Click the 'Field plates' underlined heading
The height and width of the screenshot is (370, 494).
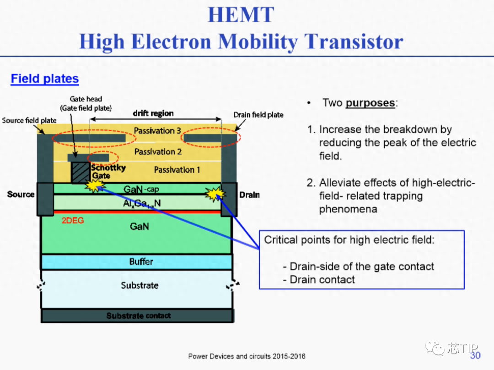(x=45, y=79)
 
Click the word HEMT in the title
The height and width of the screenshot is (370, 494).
(x=241, y=15)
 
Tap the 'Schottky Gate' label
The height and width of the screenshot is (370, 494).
(x=108, y=171)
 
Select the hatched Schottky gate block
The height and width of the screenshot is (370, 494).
(x=81, y=172)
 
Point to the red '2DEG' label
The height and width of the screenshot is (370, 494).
(x=73, y=221)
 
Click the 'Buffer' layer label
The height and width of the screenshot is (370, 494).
(x=141, y=262)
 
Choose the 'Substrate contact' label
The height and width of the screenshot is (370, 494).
(x=138, y=316)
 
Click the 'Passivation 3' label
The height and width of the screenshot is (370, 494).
(x=157, y=131)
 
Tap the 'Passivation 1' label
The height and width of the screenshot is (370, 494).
(x=177, y=170)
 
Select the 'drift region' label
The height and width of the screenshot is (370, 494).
(x=153, y=113)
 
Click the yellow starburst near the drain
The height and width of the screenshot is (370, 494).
(x=215, y=194)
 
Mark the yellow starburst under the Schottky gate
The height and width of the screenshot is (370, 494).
(x=95, y=185)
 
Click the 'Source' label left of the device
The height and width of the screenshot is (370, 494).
(x=21, y=195)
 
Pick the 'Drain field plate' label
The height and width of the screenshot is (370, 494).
(x=258, y=115)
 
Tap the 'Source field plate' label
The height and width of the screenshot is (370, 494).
(x=29, y=121)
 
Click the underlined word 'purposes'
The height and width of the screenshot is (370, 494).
(x=370, y=103)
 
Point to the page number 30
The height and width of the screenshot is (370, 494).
(x=475, y=355)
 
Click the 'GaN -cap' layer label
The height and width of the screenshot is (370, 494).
(x=141, y=189)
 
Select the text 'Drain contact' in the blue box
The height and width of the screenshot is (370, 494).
(x=322, y=280)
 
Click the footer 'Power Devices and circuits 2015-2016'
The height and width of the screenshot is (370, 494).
(x=247, y=356)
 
